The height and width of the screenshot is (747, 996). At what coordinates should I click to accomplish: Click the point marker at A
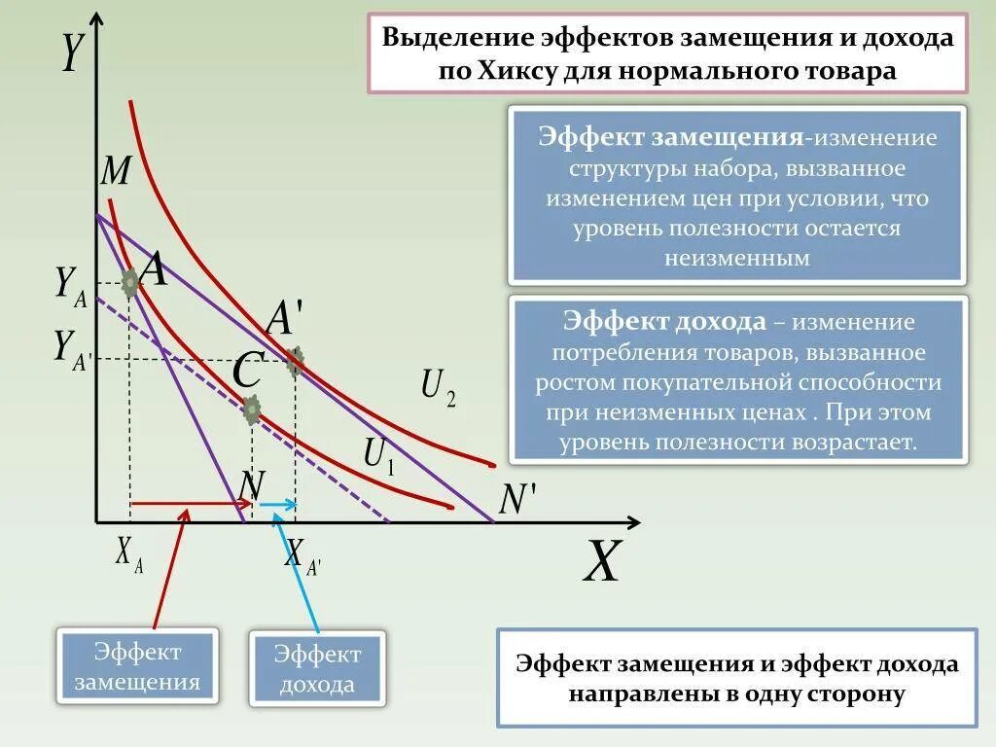click(x=130, y=283)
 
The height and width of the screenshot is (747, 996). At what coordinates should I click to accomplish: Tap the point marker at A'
click(x=295, y=362)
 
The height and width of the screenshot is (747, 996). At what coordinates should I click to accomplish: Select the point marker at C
click(x=252, y=410)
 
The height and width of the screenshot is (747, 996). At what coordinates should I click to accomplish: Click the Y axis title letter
click(x=71, y=53)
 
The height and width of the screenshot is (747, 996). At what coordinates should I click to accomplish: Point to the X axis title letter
click(x=602, y=562)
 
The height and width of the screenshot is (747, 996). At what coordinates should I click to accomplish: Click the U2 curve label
click(x=438, y=386)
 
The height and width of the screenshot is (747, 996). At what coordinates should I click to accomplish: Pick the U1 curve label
click(x=379, y=455)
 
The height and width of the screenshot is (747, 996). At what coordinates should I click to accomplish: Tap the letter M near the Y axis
click(x=116, y=172)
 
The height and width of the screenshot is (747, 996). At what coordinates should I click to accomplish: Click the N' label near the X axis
click(x=516, y=500)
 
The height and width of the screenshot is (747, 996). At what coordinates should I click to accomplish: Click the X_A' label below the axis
click(x=302, y=555)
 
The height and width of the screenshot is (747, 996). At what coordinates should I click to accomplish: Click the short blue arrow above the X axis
click(x=276, y=504)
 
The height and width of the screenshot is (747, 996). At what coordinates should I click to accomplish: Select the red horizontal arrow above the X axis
click(x=191, y=504)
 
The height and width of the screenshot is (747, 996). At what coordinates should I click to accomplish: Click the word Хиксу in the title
click(x=516, y=71)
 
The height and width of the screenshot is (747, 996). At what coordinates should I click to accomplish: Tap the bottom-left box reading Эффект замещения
click(x=137, y=666)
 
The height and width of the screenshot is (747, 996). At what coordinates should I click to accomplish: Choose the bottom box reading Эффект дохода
click(x=317, y=668)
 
